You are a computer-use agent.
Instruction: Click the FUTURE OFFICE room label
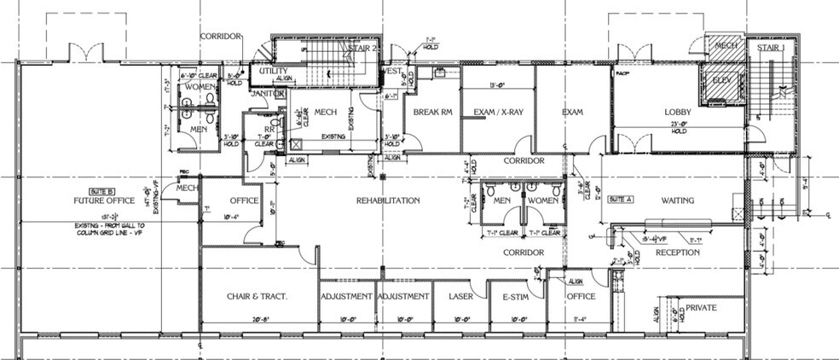(95, 201)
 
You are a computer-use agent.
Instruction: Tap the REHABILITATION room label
(388, 201)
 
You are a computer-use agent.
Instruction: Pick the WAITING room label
(678, 201)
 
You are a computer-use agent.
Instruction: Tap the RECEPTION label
(678, 253)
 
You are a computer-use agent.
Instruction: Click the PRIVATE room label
(702, 307)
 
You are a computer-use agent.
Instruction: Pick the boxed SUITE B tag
(96, 190)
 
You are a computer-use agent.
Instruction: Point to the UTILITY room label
(273, 75)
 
